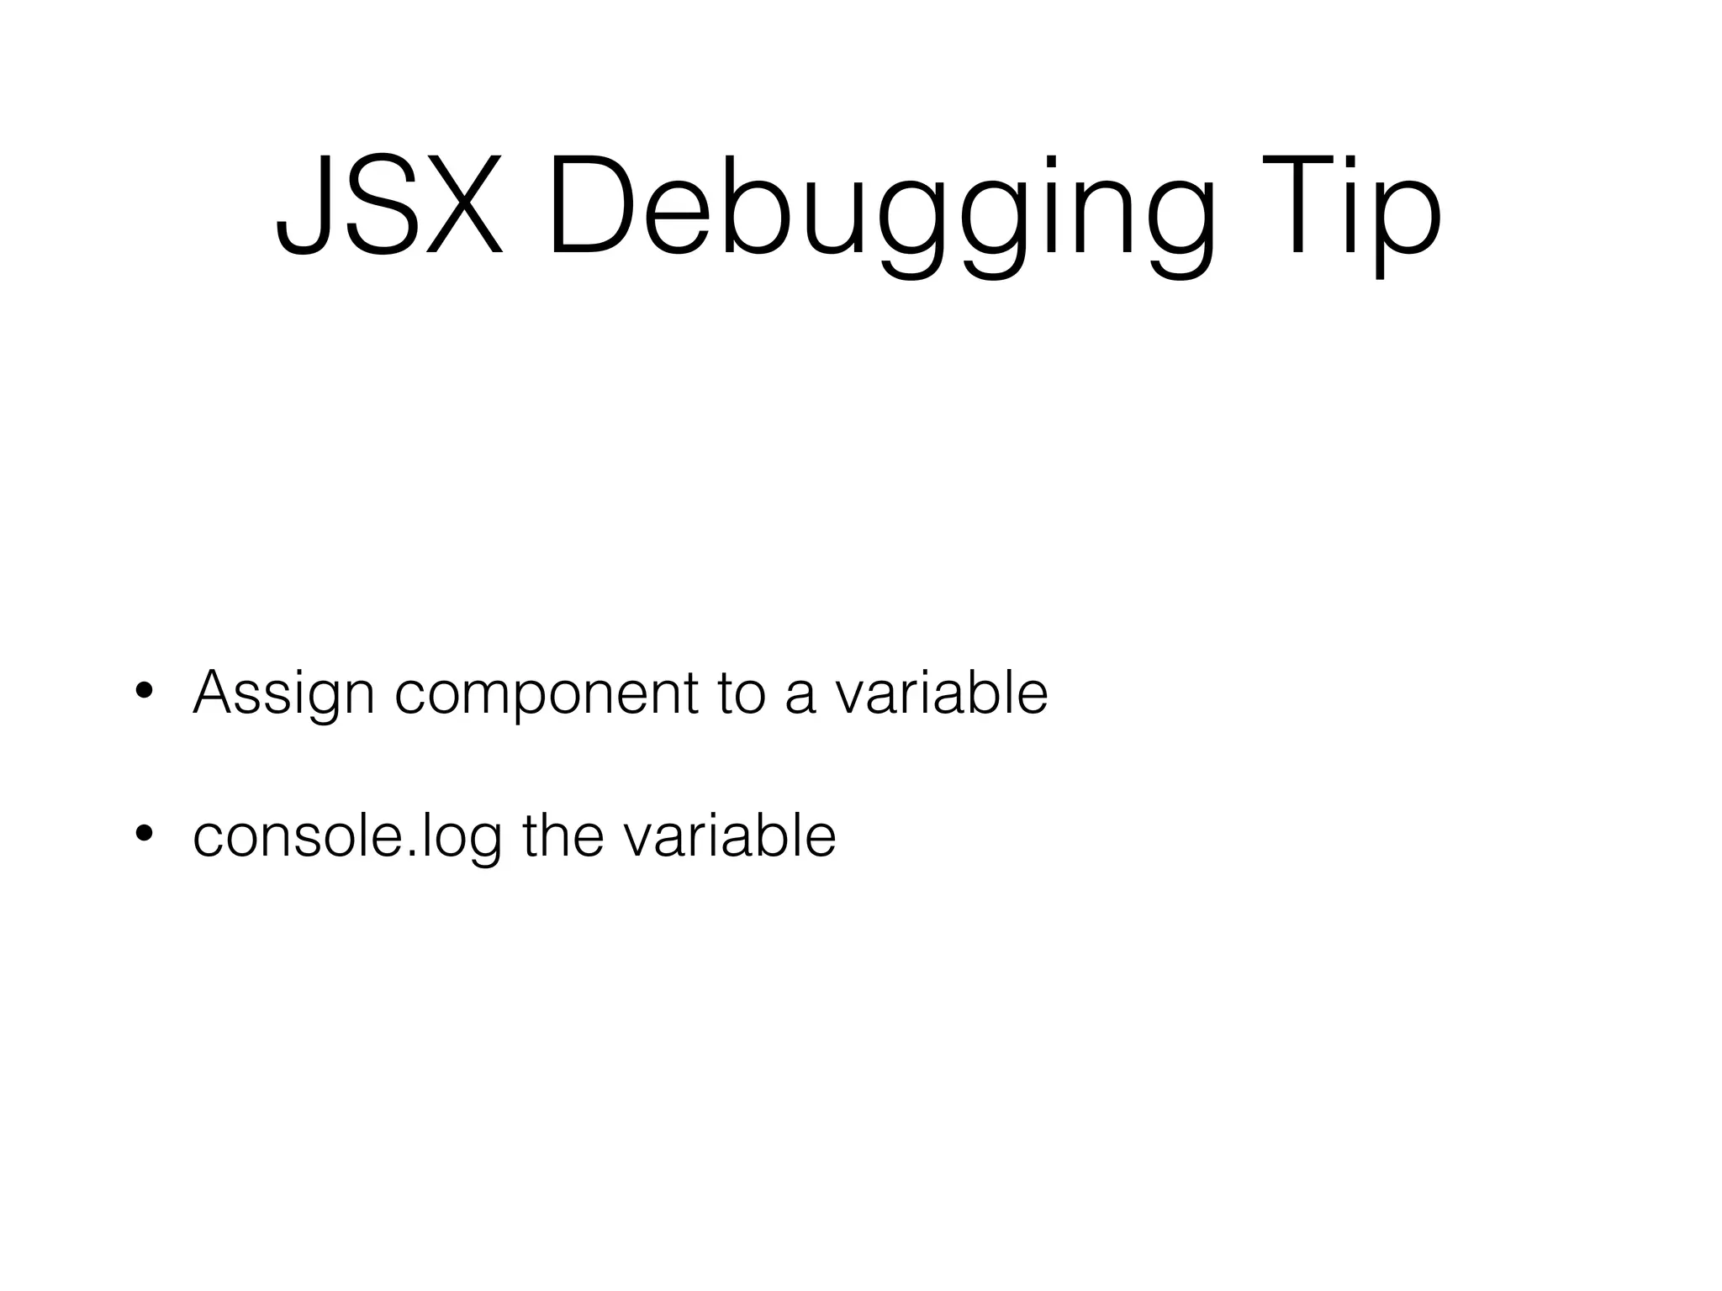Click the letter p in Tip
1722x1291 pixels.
[x=1413, y=223]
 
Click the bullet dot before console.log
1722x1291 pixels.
[x=144, y=834]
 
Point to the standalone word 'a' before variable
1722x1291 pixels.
[x=800, y=698]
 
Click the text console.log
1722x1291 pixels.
[x=347, y=836]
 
